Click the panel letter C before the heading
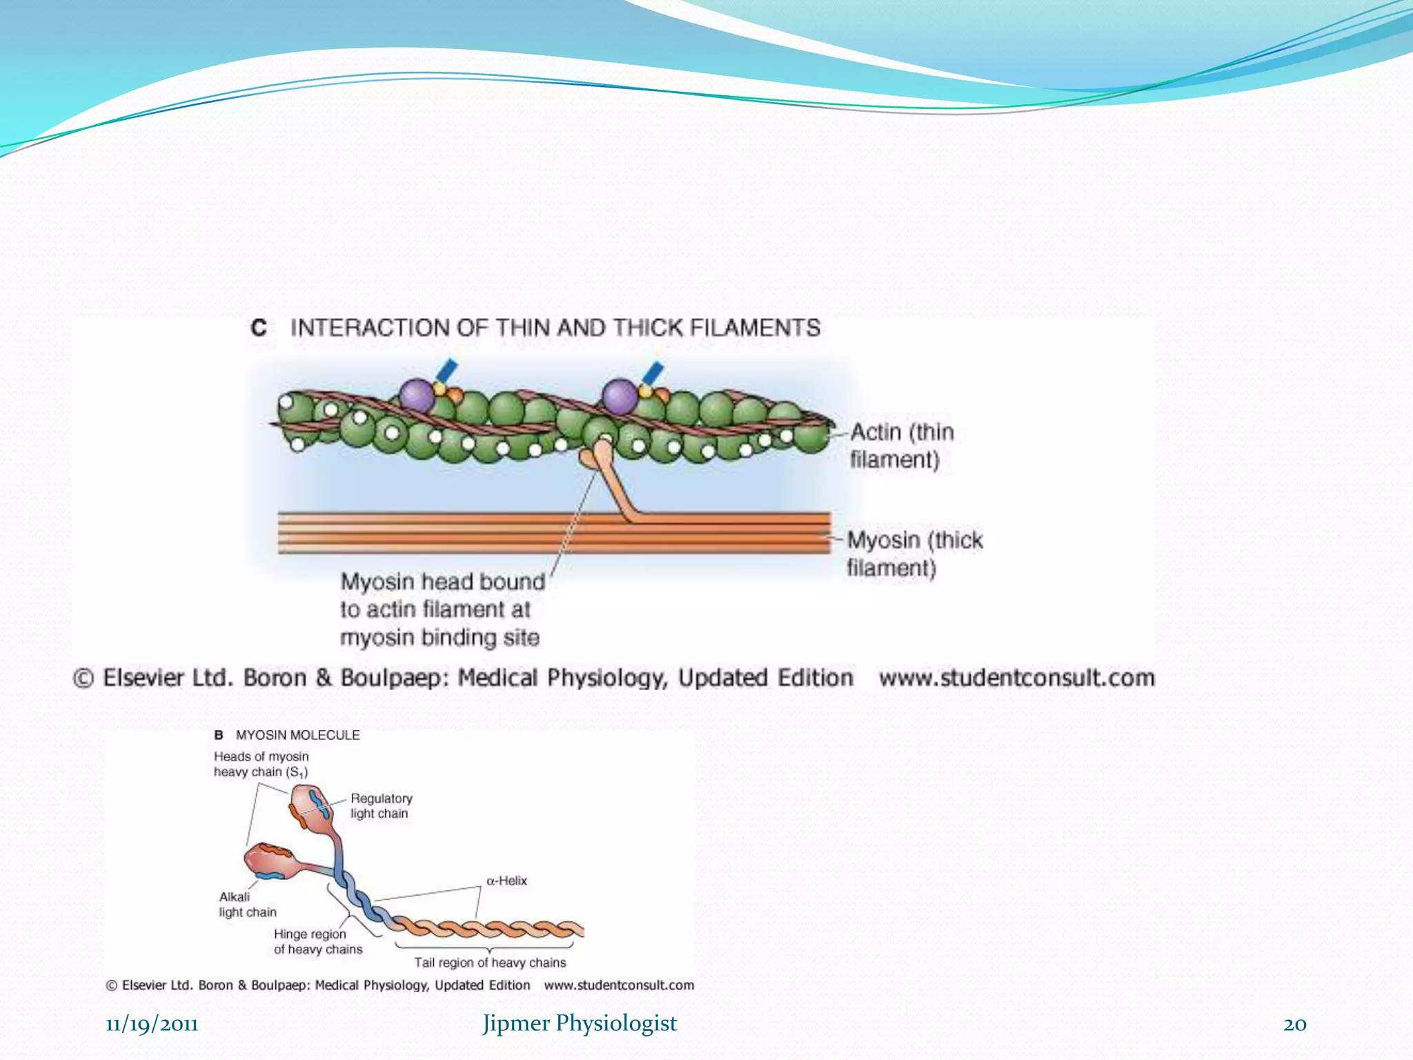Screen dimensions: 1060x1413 pyautogui.click(x=259, y=328)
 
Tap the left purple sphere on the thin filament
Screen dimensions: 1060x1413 pyautogui.click(x=417, y=396)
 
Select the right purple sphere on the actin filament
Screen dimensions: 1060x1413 pyautogui.click(x=620, y=397)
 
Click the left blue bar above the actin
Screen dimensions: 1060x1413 pyautogui.click(x=446, y=371)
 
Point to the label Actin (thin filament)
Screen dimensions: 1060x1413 pyautogui.click(x=901, y=445)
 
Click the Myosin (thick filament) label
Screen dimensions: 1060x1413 pyautogui.click(x=914, y=553)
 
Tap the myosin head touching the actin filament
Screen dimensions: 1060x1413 pyautogui.click(x=599, y=452)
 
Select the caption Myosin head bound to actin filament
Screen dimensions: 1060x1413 pyautogui.click(x=442, y=609)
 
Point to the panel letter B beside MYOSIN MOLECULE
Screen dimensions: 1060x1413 pyautogui.click(x=219, y=736)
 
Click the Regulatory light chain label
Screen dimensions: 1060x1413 pyautogui.click(x=381, y=806)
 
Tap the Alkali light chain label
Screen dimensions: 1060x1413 pyautogui.click(x=247, y=905)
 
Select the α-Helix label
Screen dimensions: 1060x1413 pyautogui.click(x=506, y=881)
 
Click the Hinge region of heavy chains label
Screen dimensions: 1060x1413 pyautogui.click(x=317, y=942)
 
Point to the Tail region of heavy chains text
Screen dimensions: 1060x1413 pyautogui.click(x=490, y=963)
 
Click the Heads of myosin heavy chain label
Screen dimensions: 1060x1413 pyautogui.click(x=261, y=765)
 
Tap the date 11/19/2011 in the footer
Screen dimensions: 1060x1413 pyautogui.click(x=152, y=1024)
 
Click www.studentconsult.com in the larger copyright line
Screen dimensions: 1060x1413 pyautogui.click(x=1016, y=678)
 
